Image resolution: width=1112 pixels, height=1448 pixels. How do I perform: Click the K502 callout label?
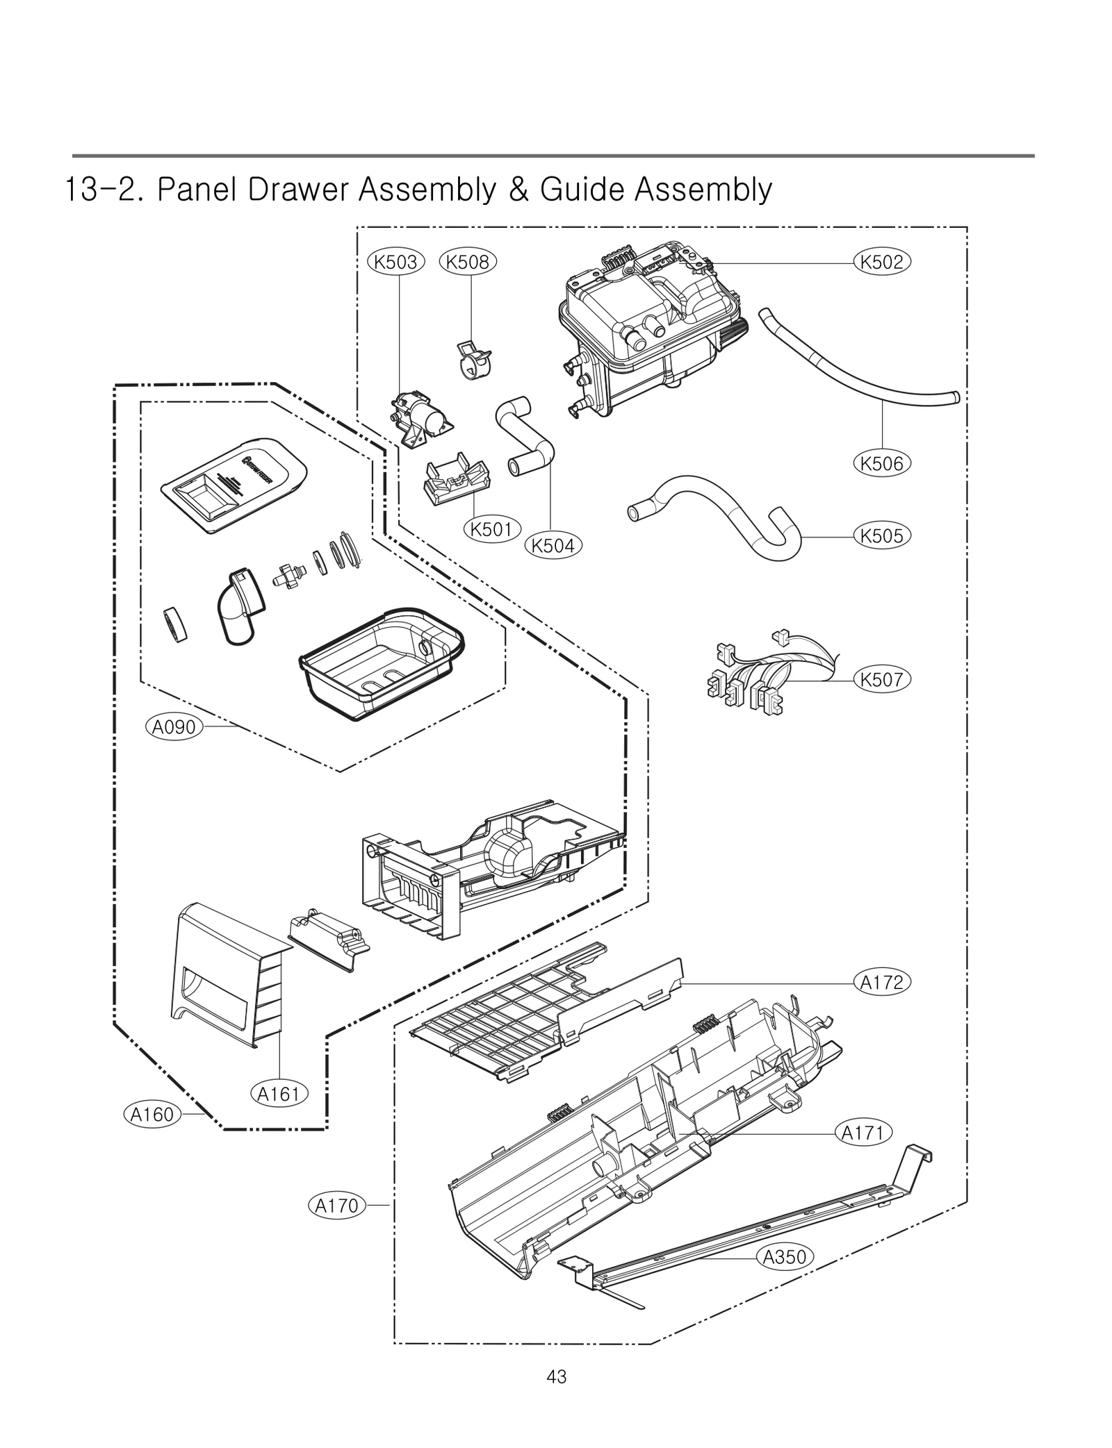(881, 262)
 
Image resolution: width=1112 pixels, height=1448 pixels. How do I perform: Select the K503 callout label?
(395, 262)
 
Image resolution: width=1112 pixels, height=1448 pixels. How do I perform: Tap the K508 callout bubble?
(468, 262)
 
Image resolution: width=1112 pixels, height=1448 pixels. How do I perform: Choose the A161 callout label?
(278, 1095)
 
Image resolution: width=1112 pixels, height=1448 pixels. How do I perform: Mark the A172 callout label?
(881, 982)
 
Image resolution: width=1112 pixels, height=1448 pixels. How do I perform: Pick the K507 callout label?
(881, 679)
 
